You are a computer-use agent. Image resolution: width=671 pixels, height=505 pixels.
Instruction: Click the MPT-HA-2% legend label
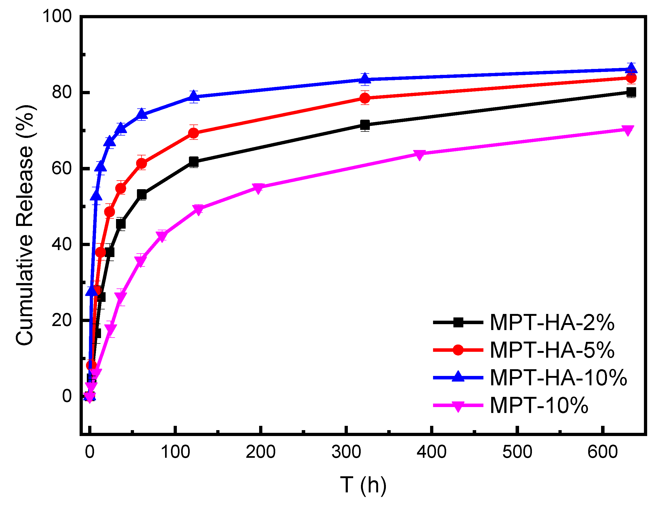click(552, 323)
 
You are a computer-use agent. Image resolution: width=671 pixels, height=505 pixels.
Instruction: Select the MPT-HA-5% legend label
click(552, 350)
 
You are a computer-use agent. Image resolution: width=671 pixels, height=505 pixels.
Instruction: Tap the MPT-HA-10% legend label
click(558, 378)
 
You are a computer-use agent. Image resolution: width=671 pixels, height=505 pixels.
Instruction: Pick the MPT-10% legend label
click(539, 405)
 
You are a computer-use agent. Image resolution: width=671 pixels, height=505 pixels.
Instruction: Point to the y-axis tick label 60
click(62, 168)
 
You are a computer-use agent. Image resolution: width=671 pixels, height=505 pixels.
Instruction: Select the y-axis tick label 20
click(62, 320)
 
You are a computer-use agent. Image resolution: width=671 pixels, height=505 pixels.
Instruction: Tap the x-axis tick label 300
click(346, 452)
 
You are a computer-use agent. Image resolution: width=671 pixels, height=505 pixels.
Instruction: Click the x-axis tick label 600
click(602, 452)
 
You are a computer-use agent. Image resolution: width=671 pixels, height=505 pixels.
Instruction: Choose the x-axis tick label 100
click(175, 452)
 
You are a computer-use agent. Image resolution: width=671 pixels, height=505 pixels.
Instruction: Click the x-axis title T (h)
click(363, 485)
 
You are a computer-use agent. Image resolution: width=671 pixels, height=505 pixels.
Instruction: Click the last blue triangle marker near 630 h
click(631, 68)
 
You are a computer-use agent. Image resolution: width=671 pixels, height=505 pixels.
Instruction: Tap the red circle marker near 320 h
click(365, 98)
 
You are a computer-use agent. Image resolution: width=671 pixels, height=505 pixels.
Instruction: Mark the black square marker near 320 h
click(365, 125)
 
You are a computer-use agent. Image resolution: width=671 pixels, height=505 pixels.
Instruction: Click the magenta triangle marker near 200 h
click(258, 188)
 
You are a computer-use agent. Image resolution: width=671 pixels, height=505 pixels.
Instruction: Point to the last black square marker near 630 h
click(631, 92)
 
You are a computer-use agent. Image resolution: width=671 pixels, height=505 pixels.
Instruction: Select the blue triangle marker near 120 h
click(193, 97)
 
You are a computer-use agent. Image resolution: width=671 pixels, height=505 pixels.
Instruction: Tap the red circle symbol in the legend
click(458, 350)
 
